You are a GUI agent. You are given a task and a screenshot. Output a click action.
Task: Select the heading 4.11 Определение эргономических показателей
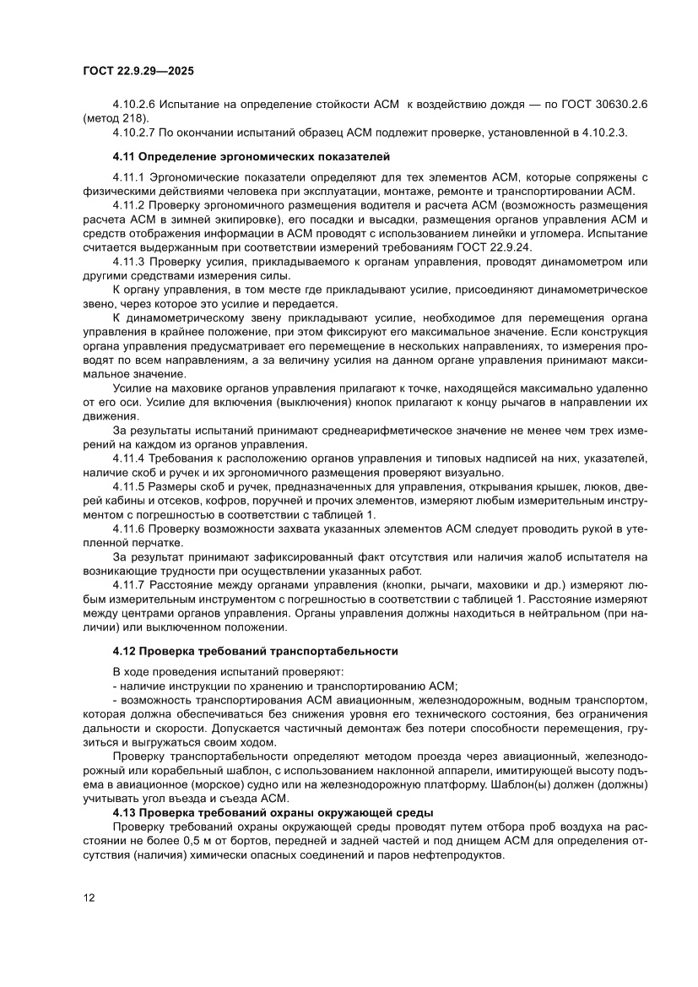pos(251,157)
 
